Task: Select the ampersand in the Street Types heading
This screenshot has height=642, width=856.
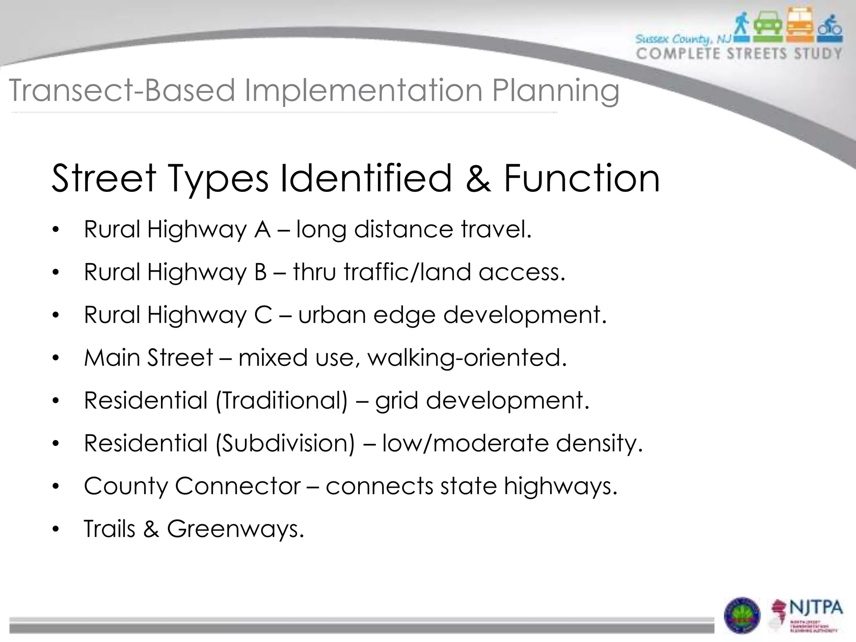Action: pyautogui.click(x=478, y=179)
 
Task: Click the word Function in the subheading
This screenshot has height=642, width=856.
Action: pyautogui.click(x=581, y=179)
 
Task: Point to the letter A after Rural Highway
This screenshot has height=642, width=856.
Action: pyautogui.click(x=262, y=229)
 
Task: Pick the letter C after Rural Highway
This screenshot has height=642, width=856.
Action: pyautogui.click(x=263, y=315)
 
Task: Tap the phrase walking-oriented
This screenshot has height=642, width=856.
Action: pyautogui.click(x=467, y=358)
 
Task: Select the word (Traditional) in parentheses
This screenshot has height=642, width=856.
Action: pyautogui.click(x=281, y=400)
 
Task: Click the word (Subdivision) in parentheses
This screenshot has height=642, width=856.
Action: pyautogui.click(x=285, y=443)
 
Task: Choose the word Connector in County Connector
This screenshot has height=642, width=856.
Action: pyautogui.click(x=238, y=486)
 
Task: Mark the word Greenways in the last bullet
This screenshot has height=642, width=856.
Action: pyautogui.click(x=235, y=529)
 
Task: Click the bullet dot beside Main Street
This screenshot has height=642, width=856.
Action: pyautogui.click(x=56, y=359)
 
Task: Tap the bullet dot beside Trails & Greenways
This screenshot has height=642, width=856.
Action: pyautogui.click(x=56, y=530)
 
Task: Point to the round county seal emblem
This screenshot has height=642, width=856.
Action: pyautogui.click(x=742, y=615)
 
